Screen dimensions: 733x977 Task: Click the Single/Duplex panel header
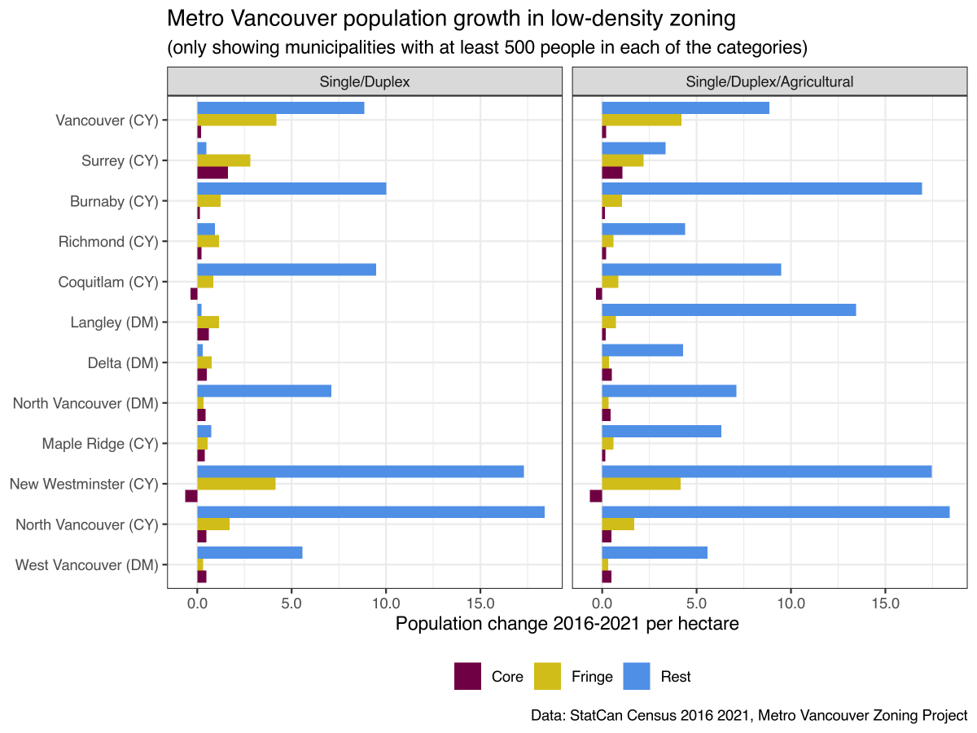[x=364, y=81]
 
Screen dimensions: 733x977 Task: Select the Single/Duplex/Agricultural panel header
[x=769, y=81]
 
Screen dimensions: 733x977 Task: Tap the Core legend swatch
[x=467, y=676]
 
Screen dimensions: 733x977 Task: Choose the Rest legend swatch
[x=637, y=676]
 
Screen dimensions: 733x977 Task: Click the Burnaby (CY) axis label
[x=113, y=201]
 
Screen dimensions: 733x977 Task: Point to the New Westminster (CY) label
[x=83, y=485]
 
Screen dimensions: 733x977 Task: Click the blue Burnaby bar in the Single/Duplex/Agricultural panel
[x=761, y=189]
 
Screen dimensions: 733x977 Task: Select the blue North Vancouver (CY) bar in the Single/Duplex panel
[x=370, y=512]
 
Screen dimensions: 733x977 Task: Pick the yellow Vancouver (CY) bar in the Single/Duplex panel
[x=237, y=120]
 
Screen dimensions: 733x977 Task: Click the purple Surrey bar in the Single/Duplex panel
[x=212, y=173]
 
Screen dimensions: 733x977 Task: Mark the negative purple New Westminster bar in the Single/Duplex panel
[x=191, y=496]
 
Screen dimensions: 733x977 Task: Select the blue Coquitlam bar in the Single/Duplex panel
[x=287, y=270]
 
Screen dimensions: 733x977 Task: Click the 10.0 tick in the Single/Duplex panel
[x=386, y=604]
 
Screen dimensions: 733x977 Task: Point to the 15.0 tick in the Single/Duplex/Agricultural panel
[x=885, y=604]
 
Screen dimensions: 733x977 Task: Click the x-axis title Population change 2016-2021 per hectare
[x=567, y=625]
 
